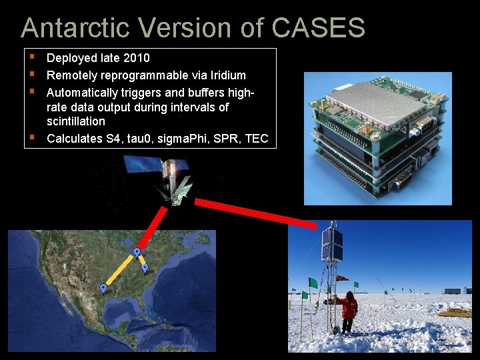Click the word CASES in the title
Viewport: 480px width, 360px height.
(319, 28)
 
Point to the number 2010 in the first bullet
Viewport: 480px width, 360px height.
(137, 58)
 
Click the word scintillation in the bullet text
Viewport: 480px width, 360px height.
(76, 121)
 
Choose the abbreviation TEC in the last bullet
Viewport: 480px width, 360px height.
(257, 139)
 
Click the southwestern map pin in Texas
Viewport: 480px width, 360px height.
(103, 287)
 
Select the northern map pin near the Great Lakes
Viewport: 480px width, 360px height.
(137, 252)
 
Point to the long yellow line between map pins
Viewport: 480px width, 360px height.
(120, 271)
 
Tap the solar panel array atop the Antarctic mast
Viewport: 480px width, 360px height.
(331, 245)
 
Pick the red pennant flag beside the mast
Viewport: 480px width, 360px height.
(342, 277)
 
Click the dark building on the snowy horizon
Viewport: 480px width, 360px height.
(453, 291)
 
